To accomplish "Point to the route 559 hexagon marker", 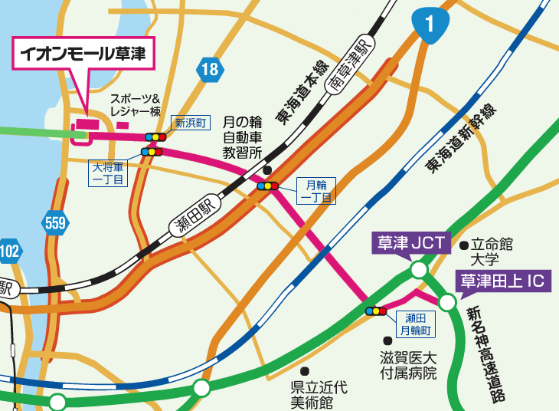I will pyautogui.click(x=55, y=223).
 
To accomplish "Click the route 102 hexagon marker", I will pyautogui.click(x=9, y=251).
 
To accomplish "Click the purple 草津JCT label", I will pyautogui.click(x=410, y=243).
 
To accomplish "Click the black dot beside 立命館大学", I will pyautogui.click(x=464, y=245).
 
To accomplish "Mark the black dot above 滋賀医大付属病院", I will pyautogui.click(x=388, y=340).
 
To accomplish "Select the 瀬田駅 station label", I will pyautogui.click(x=191, y=222).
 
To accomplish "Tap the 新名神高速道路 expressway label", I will pyautogui.click(x=486, y=353).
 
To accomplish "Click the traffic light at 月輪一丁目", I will pyautogui.click(x=267, y=186).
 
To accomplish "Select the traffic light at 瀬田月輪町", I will pyautogui.click(x=376, y=311).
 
